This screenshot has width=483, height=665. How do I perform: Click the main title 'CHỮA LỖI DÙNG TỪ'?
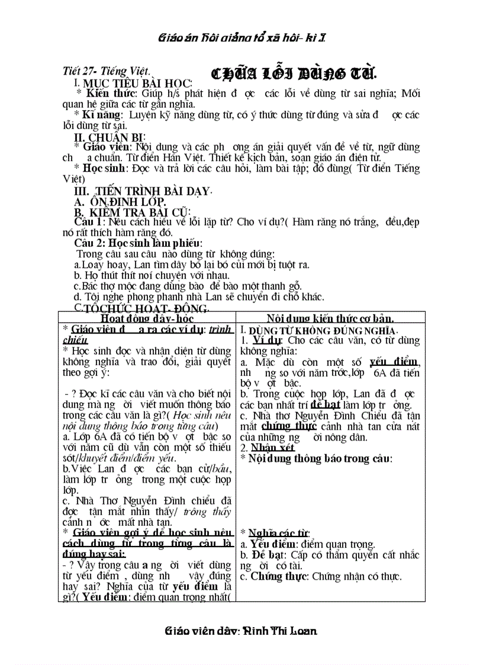tap(294, 73)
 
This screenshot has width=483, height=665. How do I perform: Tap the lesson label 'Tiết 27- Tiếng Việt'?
tap(106, 71)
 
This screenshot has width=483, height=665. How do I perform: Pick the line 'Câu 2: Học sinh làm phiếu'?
tap(138, 243)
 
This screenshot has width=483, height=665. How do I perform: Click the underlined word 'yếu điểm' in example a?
tap(394, 362)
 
